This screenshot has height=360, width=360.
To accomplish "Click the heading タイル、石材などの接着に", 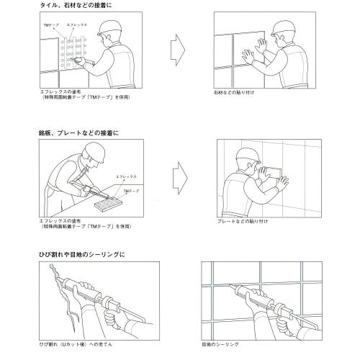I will [x=77, y=5].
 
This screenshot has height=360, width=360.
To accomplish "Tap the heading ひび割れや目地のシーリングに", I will [x=83, y=255].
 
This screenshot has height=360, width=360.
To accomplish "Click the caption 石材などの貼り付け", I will [x=235, y=94].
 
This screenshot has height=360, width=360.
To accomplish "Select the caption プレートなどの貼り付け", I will [x=243, y=222].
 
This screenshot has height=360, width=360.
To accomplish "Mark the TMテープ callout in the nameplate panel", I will [x=131, y=191].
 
